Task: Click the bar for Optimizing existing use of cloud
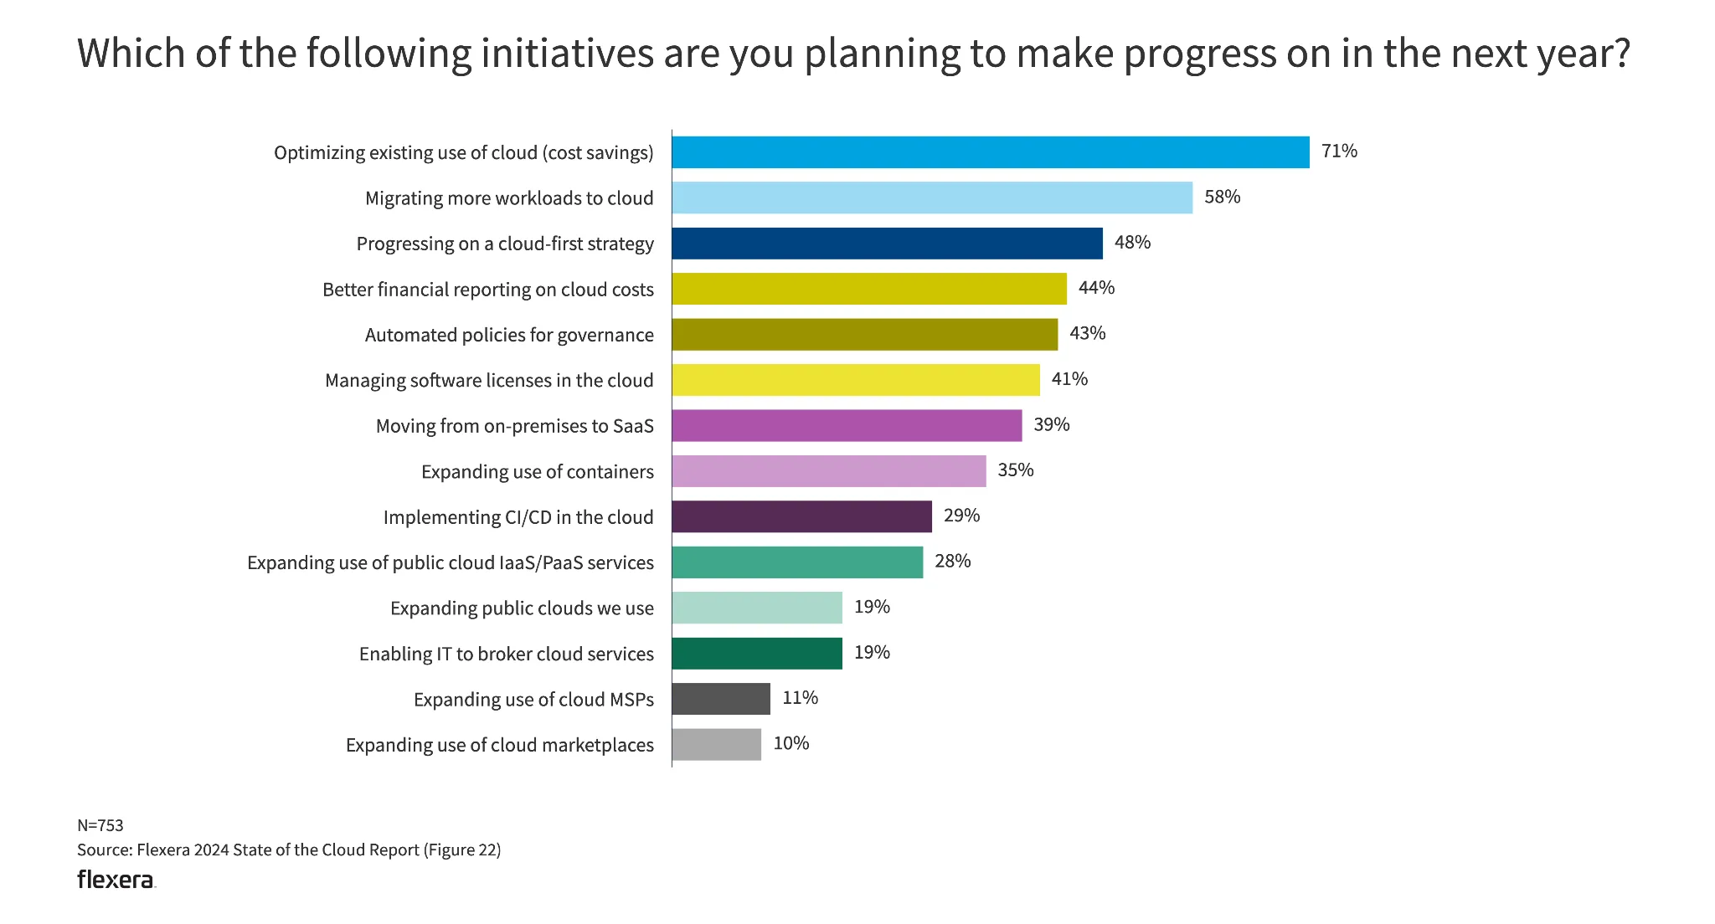990,152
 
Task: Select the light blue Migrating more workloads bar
931,198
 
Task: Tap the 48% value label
1132,243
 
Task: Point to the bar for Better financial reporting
868,289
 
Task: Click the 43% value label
1087,334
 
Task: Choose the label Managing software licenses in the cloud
489,381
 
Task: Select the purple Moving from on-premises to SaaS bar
846,425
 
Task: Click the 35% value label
1015,470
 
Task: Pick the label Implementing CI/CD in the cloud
518,517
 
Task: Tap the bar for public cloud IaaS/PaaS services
796,562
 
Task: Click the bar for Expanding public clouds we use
756,608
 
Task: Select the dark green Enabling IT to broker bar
756,654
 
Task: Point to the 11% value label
800,698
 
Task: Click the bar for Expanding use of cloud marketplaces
716,745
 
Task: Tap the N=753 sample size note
100,825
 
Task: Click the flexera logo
116,880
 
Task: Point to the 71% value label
1339,151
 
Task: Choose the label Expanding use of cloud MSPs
533,700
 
